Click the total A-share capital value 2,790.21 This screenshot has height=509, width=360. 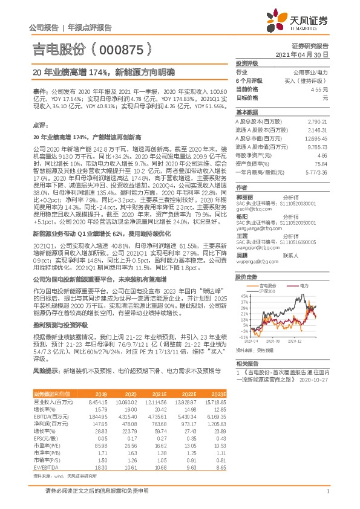317,122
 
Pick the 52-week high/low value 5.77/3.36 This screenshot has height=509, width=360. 316,172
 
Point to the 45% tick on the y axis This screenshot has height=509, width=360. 242,296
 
